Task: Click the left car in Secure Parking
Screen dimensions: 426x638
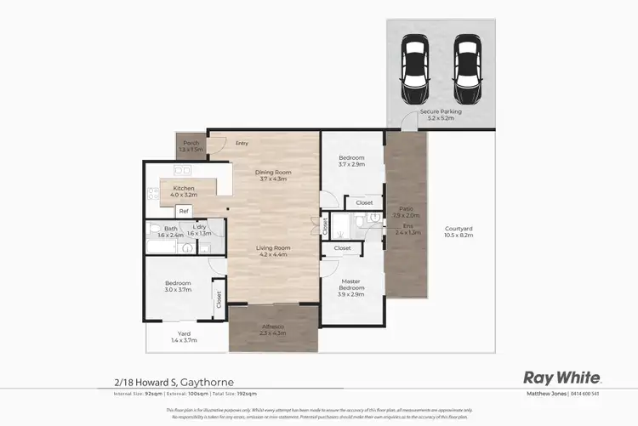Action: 416,62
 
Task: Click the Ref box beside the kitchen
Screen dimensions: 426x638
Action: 183,211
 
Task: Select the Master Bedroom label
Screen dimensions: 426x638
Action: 352,285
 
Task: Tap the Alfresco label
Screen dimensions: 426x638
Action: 273,328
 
